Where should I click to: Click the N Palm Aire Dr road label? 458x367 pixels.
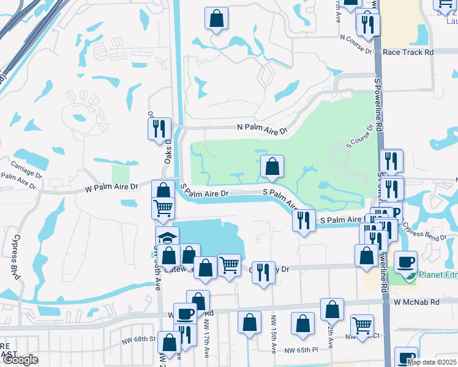[262, 130]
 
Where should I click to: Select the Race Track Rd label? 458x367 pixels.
[408, 53]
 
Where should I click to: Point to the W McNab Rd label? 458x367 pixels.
[417, 302]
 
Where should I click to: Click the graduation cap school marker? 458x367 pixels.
[167, 237]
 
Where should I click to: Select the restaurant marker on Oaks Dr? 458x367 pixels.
[157, 128]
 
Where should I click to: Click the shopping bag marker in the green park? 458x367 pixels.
[272, 166]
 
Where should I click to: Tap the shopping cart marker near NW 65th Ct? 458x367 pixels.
[362, 325]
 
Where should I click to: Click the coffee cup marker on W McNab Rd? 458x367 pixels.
[185, 314]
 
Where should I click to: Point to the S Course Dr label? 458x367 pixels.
[359, 137]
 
